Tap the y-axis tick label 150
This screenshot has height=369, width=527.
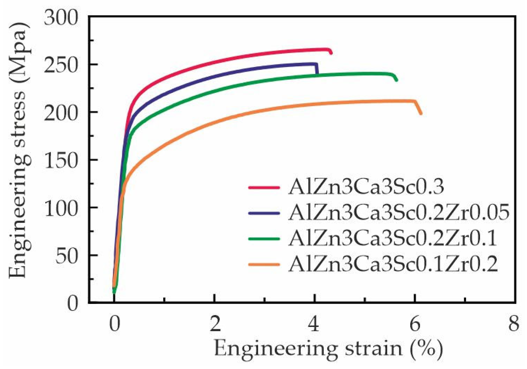pos(61,160)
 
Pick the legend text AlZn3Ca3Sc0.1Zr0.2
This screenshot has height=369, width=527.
pos(393,264)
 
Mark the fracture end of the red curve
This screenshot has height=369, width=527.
pos(330,52)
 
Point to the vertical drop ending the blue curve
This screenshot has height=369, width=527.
pos(317,69)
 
